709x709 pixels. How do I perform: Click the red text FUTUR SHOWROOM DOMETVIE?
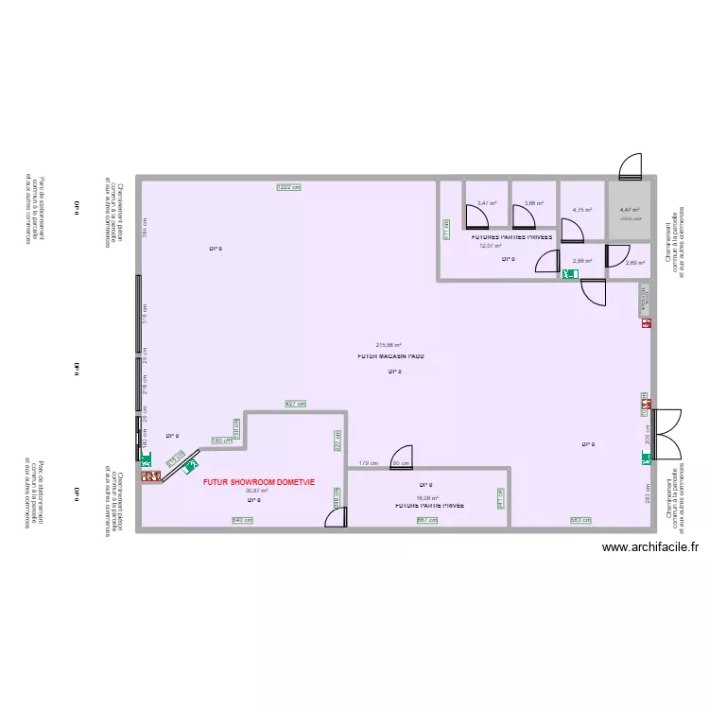pyautogui.click(x=258, y=482)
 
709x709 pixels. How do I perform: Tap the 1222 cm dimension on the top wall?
pyautogui.click(x=288, y=187)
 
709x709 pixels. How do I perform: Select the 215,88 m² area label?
pyautogui.click(x=389, y=345)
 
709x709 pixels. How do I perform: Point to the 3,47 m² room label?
pyautogui.click(x=485, y=203)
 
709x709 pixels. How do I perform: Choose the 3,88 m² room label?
pyautogui.click(x=533, y=203)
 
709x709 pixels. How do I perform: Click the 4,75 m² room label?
pyautogui.click(x=581, y=210)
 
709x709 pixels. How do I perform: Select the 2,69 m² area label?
pyautogui.click(x=635, y=263)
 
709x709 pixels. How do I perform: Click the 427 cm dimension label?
pyautogui.click(x=295, y=404)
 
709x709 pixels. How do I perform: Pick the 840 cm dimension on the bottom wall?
pyautogui.click(x=242, y=521)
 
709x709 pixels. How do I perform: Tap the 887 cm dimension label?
pyautogui.click(x=427, y=521)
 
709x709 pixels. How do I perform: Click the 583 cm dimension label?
pyautogui.click(x=580, y=521)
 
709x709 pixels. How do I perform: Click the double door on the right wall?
pyautogui.click(x=666, y=431)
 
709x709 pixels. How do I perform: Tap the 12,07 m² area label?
pyautogui.click(x=490, y=246)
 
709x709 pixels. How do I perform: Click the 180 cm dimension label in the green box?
pyautogui.click(x=221, y=441)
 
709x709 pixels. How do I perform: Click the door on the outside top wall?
pyautogui.click(x=629, y=167)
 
